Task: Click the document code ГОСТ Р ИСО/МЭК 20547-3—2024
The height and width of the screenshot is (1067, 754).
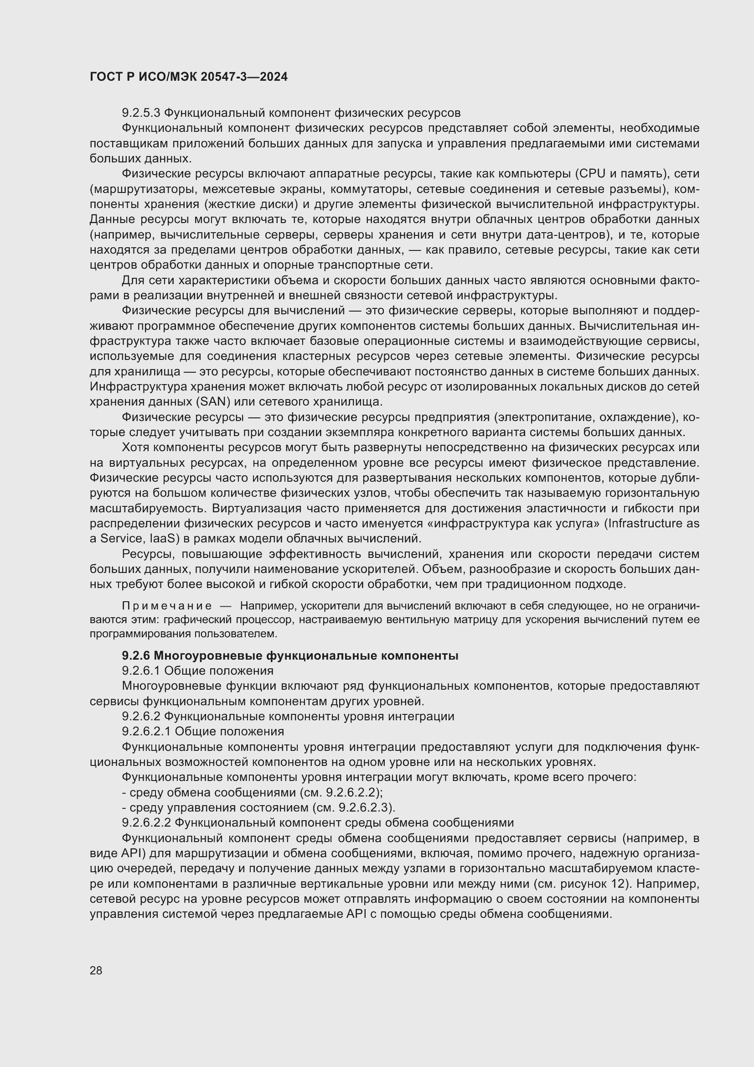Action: tap(189, 77)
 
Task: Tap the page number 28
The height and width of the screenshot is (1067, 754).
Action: tap(96, 970)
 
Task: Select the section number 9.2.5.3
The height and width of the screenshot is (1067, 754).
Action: tap(141, 113)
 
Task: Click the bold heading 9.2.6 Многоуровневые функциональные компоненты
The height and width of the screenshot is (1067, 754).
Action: tap(290, 656)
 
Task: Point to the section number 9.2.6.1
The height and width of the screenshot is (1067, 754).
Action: tap(141, 671)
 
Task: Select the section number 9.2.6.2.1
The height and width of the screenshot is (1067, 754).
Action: tap(147, 731)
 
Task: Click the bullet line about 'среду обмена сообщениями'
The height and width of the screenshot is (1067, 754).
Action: tap(252, 792)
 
